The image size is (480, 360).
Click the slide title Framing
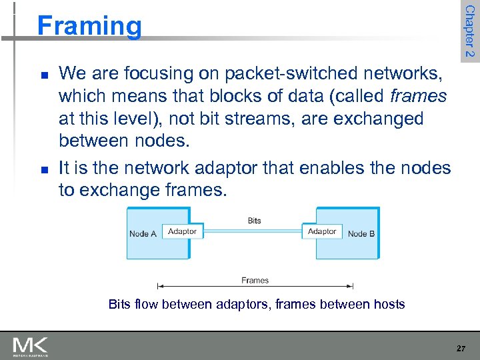tap(89, 26)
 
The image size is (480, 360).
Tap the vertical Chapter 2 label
tap(470, 31)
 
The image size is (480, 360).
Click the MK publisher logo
tap(30, 346)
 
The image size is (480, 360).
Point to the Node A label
tap(143, 234)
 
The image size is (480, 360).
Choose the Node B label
tap(361, 234)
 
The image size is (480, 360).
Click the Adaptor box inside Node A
tap(182, 231)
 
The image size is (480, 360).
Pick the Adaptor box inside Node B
tap(322, 231)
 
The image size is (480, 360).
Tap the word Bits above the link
tap(254, 220)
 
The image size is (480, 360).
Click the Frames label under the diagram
tap(255, 280)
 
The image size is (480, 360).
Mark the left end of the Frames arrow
tap(158, 287)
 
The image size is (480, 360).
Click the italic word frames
tap(418, 95)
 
